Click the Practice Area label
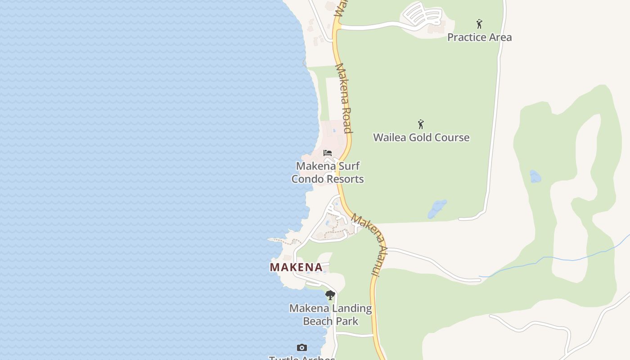pos(479,37)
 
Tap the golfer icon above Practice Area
pos(479,24)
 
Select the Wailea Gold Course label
pos(421,137)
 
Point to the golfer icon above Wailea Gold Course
pos(421,124)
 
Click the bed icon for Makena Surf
pos(328,153)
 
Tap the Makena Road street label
pos(343,99)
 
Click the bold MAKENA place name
pos(296,267)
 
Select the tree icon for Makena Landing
pos(330,295)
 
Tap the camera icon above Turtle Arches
pos(302,347)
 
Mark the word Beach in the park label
pos(318,321)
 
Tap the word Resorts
pos(345,179)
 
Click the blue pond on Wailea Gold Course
pos(437,209)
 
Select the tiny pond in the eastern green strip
pos(535,176)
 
